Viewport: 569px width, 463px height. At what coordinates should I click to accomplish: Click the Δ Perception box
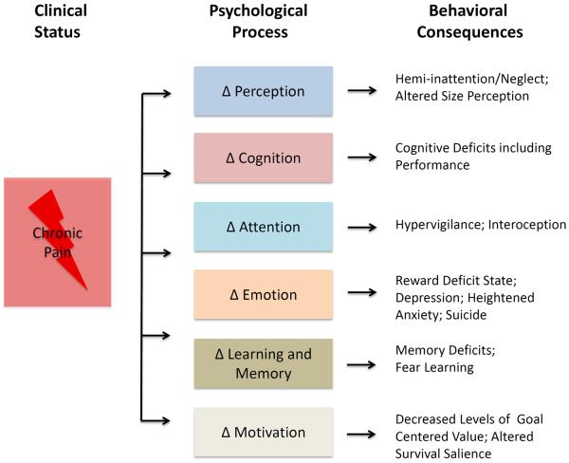[x=263, y=92]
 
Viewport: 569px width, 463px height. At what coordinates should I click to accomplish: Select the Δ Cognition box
[x=263, y=158]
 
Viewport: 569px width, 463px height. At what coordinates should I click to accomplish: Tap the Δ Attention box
[x=263, y=226]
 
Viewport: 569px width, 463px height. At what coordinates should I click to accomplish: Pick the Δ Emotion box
[x=263, y=294]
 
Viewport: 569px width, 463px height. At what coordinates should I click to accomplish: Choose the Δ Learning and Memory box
[x=263, y=362]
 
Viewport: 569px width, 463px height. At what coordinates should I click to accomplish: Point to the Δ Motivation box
[x=263, y=432]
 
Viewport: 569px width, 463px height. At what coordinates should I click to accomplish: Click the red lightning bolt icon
[x=63, y=233]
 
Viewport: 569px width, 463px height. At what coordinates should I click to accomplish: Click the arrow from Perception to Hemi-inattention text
[x=361, y=92]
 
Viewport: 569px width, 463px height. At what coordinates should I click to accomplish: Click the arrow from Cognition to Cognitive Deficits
[x=361, y=158]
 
